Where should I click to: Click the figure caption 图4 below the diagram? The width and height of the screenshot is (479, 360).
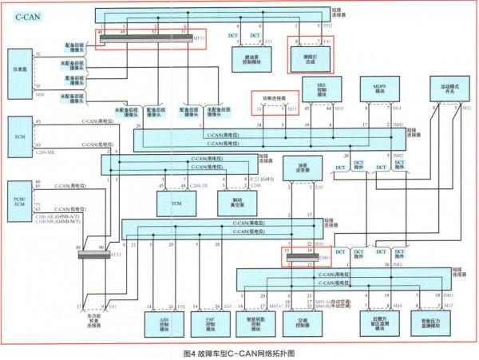pyautogui.click(x=239, y=352)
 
